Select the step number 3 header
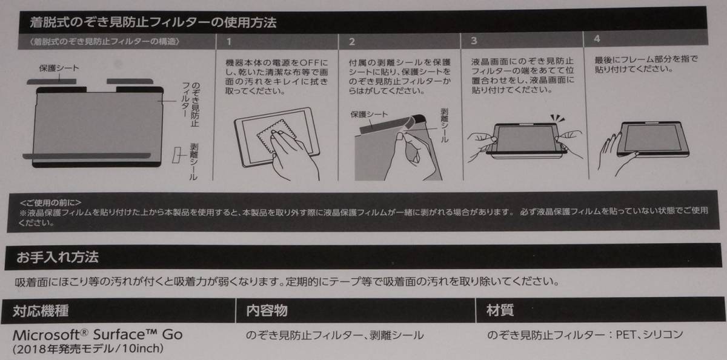(474, 41)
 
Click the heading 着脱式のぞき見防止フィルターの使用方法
(154, 24)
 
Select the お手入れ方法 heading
(58, 257)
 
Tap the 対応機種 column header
(41, 312)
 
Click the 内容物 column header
(267, 311)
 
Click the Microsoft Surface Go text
(97, 335)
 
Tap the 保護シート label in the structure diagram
(59, 69)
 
